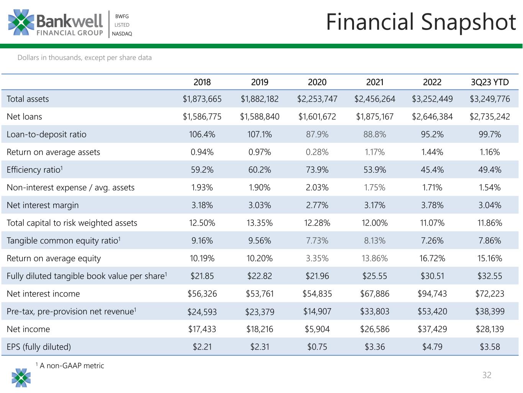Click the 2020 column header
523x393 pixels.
317,82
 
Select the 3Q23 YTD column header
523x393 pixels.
490,82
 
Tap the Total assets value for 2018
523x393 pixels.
202,99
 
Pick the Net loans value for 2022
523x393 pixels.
432,116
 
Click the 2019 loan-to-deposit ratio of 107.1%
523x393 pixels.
259,134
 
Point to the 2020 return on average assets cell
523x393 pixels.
317,152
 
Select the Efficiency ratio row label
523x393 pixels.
35,170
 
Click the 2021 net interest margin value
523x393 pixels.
375,205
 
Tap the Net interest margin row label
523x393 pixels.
43,205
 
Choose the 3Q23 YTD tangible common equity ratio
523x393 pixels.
490,241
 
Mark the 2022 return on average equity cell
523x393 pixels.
432,258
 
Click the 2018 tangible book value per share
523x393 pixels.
202,276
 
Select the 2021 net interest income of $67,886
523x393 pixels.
375,294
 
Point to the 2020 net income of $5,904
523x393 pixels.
317,329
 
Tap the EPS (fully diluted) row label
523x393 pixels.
39,347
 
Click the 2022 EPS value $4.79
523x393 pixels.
432,347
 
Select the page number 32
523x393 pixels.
487,375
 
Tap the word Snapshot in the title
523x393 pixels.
469,22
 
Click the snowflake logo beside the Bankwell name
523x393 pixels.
21,22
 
